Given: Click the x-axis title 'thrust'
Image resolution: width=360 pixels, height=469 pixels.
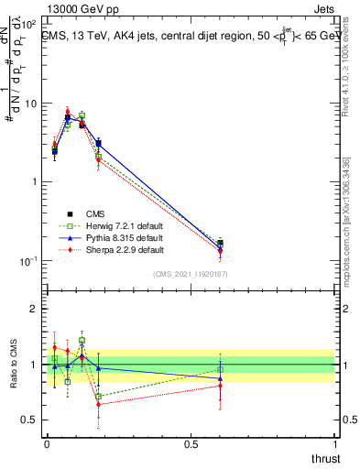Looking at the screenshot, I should click(x=325, y=458).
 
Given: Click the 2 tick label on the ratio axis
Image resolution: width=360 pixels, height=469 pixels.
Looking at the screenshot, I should click(x=33, y=309).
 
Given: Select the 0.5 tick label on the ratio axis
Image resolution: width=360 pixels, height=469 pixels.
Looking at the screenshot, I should click(x=29, y=420).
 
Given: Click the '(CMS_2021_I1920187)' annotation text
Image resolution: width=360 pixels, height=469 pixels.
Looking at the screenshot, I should click(x=191, y=275).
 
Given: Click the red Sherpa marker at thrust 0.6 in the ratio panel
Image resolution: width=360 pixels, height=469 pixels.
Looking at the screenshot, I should click(x=220, y=386).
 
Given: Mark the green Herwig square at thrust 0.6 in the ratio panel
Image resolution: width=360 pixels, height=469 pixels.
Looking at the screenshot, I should click(x=220, y=368).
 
